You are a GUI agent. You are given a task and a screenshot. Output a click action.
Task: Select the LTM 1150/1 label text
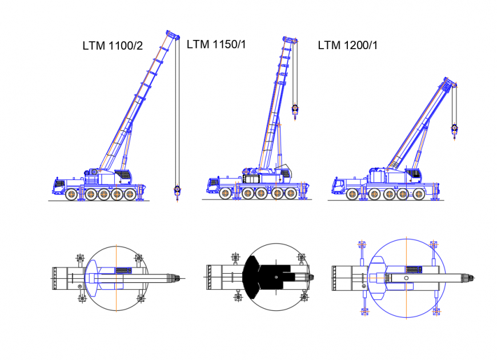coord(217,44)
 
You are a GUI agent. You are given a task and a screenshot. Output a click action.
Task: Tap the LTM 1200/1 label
coord(347,45)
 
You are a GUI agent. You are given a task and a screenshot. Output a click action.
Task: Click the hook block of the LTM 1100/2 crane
coord(177,190)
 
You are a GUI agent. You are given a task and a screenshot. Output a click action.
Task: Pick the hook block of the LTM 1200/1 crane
coord(455,130)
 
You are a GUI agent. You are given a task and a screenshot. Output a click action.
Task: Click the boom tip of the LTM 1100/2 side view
coord(171,34)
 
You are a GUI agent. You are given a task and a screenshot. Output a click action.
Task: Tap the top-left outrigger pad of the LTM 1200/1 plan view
coord(361,245)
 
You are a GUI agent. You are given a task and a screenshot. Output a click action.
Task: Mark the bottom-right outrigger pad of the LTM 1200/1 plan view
coord(437,311)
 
